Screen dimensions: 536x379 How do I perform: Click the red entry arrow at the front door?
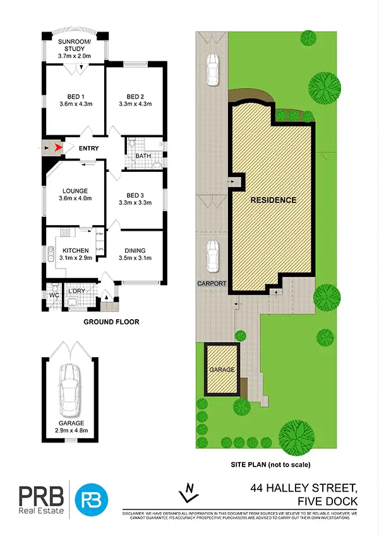coord(59,148)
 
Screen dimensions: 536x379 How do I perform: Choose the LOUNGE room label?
coord(75,190)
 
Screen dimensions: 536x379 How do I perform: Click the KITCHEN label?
coord(75,249)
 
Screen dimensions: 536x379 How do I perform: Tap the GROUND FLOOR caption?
coord(111,322)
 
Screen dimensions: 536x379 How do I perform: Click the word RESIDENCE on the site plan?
coord(273,200)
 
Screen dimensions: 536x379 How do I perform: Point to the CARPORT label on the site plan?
coord(211,284)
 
